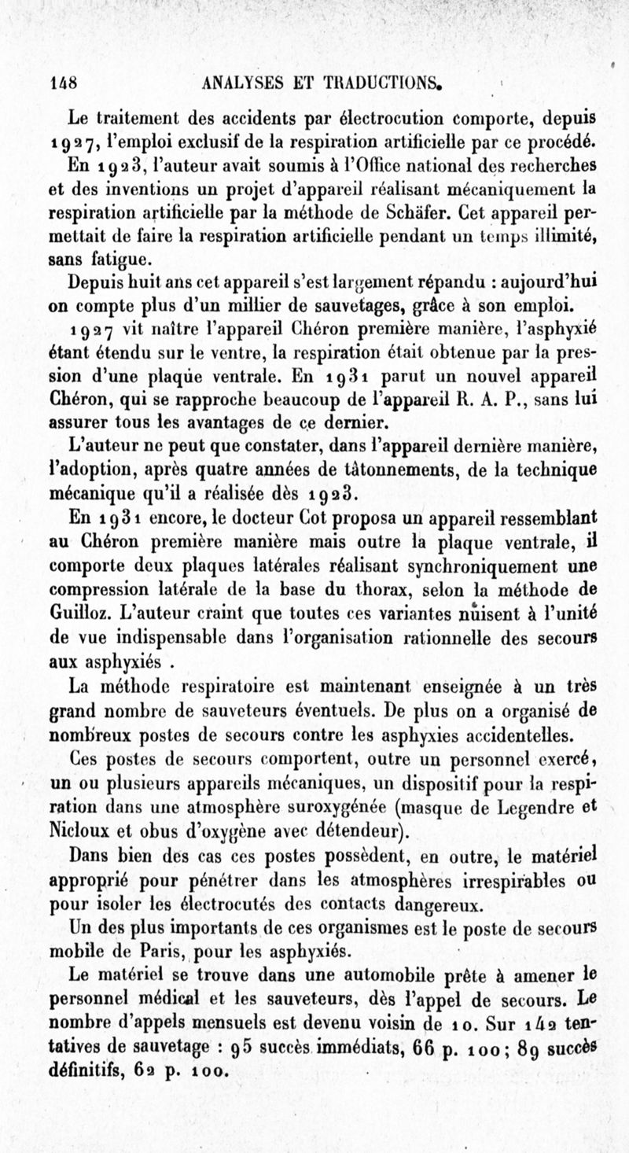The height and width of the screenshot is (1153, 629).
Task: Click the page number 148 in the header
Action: point(60,82)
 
